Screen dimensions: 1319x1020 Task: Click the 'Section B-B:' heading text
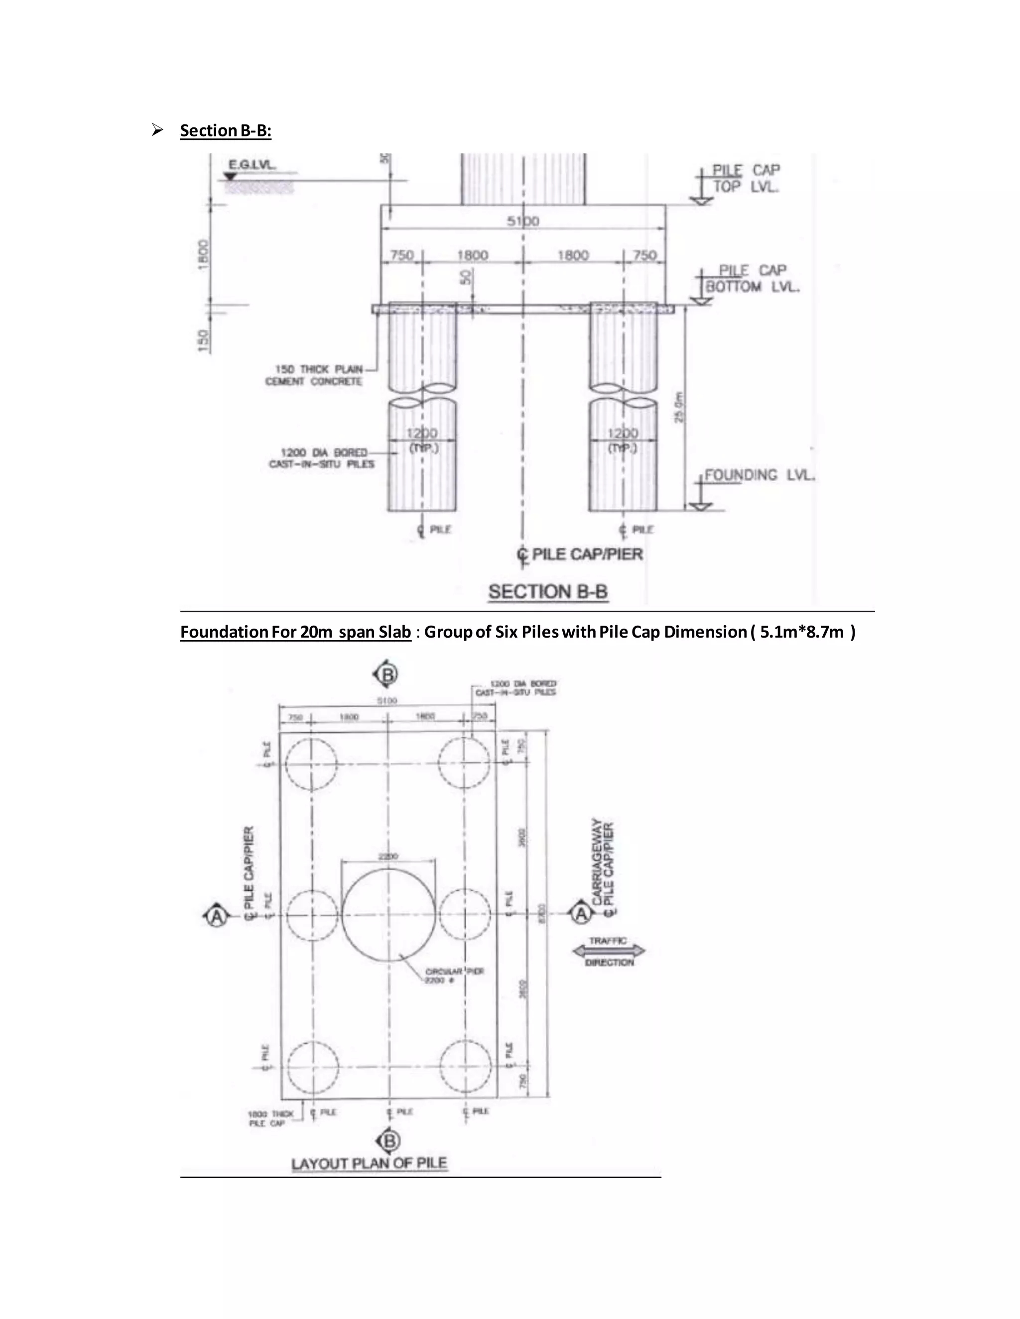pyautogui.click(x=226, y=130)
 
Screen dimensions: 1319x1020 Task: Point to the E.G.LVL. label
pyautogui.click(x=252, y=164)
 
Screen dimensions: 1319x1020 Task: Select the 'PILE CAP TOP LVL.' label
pyautogui.click(x=746, y=178)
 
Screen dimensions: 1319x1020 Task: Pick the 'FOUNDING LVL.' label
pyautogui.click(x=760, y=475)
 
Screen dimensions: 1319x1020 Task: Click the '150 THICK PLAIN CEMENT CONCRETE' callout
pyautogui.click(x=314, y=375)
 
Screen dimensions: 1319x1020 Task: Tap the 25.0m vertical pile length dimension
pyautogui.click(x=679, y=408)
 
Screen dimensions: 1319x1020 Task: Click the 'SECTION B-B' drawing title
pyautogui.click(x=547, y=592)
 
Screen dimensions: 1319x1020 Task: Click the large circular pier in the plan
pyautogui.click(x=388, y=915)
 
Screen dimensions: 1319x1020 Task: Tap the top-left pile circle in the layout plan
pyautogui.click(x=311, y=762)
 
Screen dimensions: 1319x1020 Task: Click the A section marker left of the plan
pyautogui.click(x=216, y=916)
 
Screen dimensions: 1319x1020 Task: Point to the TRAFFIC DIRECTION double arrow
pyautogui.click(x=609, y=951)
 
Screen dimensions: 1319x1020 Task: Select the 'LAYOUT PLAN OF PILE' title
pyautogui.click(x=369, y=1163)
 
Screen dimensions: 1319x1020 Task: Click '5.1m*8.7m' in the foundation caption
pyautogui.click(x=801, y=632)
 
